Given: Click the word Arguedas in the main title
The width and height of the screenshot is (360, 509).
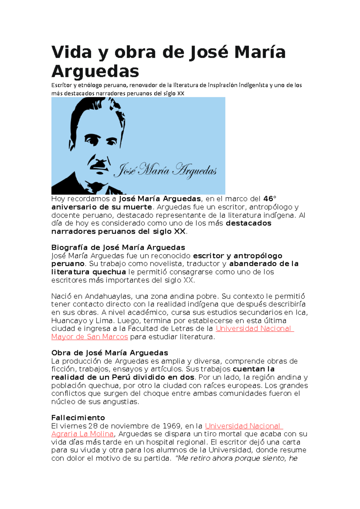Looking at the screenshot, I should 95,72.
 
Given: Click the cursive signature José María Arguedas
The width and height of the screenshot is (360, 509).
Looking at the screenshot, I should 165,171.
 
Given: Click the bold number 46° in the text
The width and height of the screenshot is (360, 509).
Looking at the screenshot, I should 270,199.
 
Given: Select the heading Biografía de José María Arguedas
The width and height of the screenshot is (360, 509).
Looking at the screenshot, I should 118,248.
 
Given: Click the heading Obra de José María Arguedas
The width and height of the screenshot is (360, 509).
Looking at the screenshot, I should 109,353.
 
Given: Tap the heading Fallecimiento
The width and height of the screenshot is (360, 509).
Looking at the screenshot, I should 78,418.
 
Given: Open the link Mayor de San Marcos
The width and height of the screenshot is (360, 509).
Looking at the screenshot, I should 89,337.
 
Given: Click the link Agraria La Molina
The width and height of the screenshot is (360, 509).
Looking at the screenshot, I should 82,434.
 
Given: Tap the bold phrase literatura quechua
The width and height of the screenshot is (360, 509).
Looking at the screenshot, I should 88,272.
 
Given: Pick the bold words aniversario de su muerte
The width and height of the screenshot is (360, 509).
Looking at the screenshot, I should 101,207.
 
